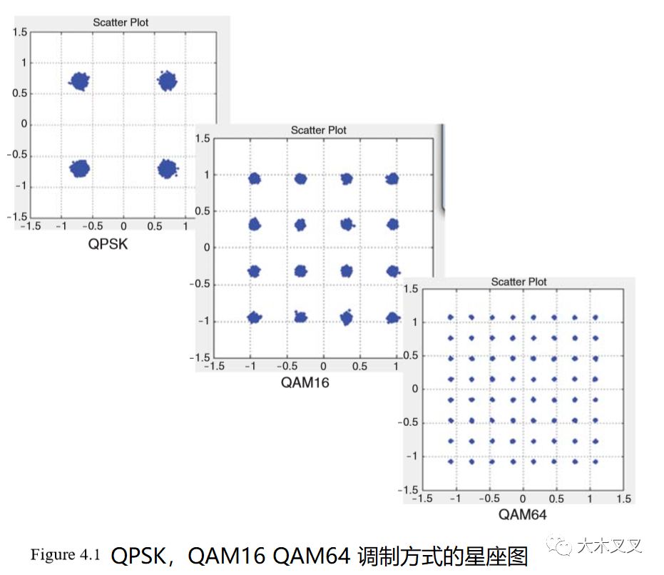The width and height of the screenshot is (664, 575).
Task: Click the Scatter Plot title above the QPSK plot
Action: click(x=121, y=22)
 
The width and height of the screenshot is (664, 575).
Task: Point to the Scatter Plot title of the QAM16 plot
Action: click(x=318, y=130)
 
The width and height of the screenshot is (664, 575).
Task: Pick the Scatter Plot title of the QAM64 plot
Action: click(x=519, y=282)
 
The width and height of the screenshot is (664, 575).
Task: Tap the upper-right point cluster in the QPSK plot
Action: click(x=167, y=81)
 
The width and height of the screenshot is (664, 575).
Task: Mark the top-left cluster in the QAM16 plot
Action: click(x=255, y=179)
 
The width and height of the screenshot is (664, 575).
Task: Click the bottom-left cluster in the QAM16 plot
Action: click(x=255, y=317)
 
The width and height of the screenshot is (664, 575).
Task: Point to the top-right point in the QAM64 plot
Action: click(x=595, y=317)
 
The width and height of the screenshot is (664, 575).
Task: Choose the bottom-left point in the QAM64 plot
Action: click(x=450, y=462)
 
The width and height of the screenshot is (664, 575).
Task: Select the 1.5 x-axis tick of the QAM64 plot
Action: click(x=623, y=499)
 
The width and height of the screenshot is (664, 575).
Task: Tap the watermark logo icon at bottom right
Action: click(x=563, y=547)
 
